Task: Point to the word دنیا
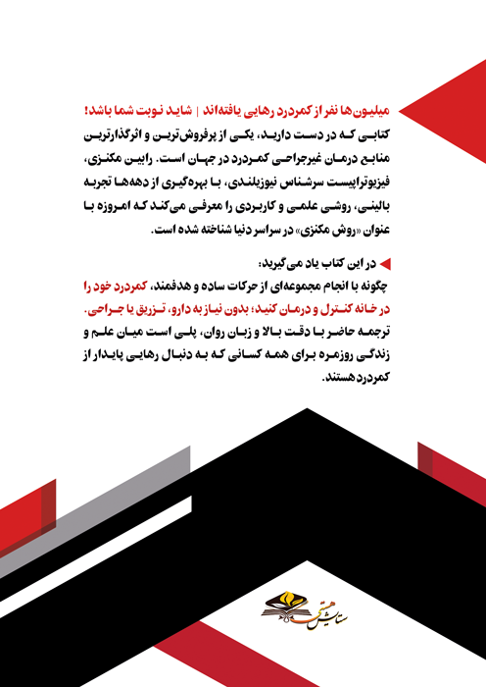coord(219,232)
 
